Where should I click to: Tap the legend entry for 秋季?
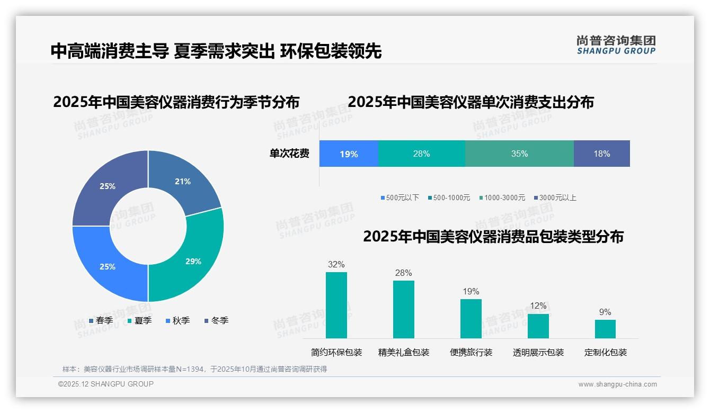coord(177,321)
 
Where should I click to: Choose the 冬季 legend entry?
coord(216,321)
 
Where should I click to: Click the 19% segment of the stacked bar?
coord(349,154)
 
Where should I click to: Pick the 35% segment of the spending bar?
coord(519,154)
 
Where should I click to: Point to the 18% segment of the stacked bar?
coord(601,154)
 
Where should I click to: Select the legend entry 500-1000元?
coord(449,198)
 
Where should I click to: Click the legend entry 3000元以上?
coord(555,198)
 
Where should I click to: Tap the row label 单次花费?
coord(289,154)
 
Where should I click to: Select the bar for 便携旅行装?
coord(471,319)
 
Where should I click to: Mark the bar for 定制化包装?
coord(605,329)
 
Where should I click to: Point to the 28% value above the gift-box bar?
coord(403,273)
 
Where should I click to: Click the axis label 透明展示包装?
coord(538,353)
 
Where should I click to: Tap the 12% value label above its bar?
coord(538,306)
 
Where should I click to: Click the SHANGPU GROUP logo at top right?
coord(616,45)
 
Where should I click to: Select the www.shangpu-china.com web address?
coord(617,384)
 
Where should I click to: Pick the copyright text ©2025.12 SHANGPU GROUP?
coord(106,384)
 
